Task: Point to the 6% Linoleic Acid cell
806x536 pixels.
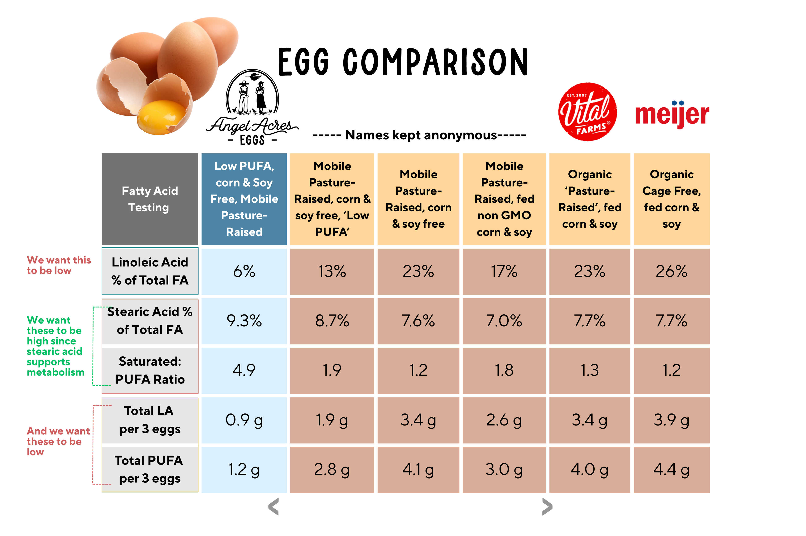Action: point(244,271)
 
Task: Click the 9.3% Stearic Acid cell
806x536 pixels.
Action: point(244,321)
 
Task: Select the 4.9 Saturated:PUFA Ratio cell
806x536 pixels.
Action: point(244,370)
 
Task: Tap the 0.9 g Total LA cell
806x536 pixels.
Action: point(244,420)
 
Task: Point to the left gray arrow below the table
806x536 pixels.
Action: point(273,507)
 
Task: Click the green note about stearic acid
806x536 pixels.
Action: point(55,346)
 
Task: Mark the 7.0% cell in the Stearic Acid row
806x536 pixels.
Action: point(504,321)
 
